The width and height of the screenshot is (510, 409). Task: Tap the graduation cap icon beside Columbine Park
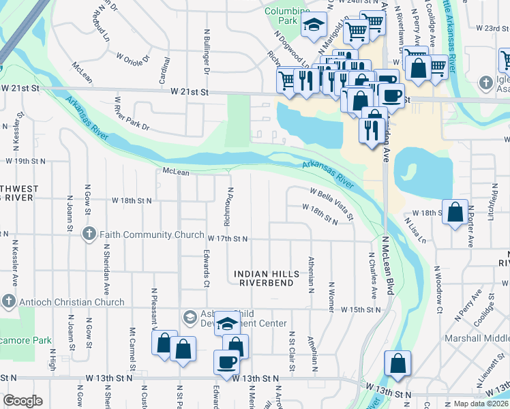pos(314,25)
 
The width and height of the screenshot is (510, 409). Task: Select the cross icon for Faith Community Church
pos(89,234)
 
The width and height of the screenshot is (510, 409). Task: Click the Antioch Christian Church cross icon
pos(8,301)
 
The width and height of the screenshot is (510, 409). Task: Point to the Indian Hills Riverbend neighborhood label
pos(267,279)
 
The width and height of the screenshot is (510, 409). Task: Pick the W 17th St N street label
pos(228,239)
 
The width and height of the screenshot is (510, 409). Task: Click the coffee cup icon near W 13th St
pos(226,361)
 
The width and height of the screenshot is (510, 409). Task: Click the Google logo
pos(22,401)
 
